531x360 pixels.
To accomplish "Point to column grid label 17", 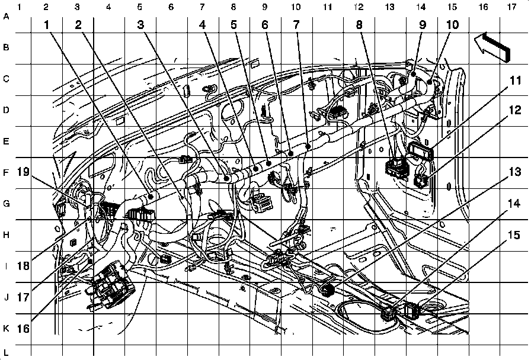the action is click(511, 7).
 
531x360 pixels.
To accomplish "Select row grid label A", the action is click(7, 17).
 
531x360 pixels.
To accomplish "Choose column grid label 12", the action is click(357, 7).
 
